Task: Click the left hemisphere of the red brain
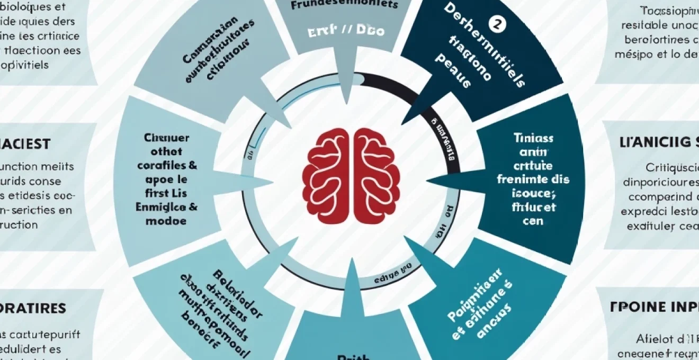tap(326, 175)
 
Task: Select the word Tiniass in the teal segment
tap(533, 138)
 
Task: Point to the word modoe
tap(165, 221)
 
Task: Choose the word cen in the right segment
tap(533, 221)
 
